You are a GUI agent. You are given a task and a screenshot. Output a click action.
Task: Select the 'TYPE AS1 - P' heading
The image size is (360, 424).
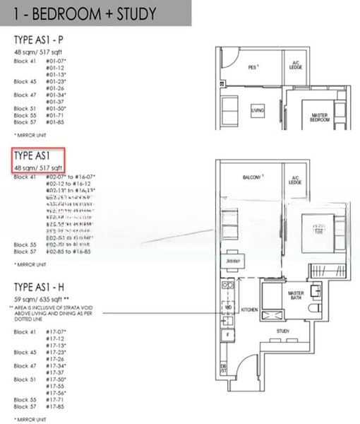[44, 40]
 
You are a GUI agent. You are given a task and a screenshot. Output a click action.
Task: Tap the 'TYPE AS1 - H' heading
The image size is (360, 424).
[47, 287]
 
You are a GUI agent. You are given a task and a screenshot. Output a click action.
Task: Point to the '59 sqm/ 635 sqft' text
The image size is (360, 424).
[47, 300]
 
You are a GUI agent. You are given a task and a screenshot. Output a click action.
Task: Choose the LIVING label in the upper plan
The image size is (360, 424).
[258, 110]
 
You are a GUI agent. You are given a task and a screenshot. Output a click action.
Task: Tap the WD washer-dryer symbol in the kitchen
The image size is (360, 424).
[227, 308]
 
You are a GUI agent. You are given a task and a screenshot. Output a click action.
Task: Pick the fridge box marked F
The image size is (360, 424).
[227, 332]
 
